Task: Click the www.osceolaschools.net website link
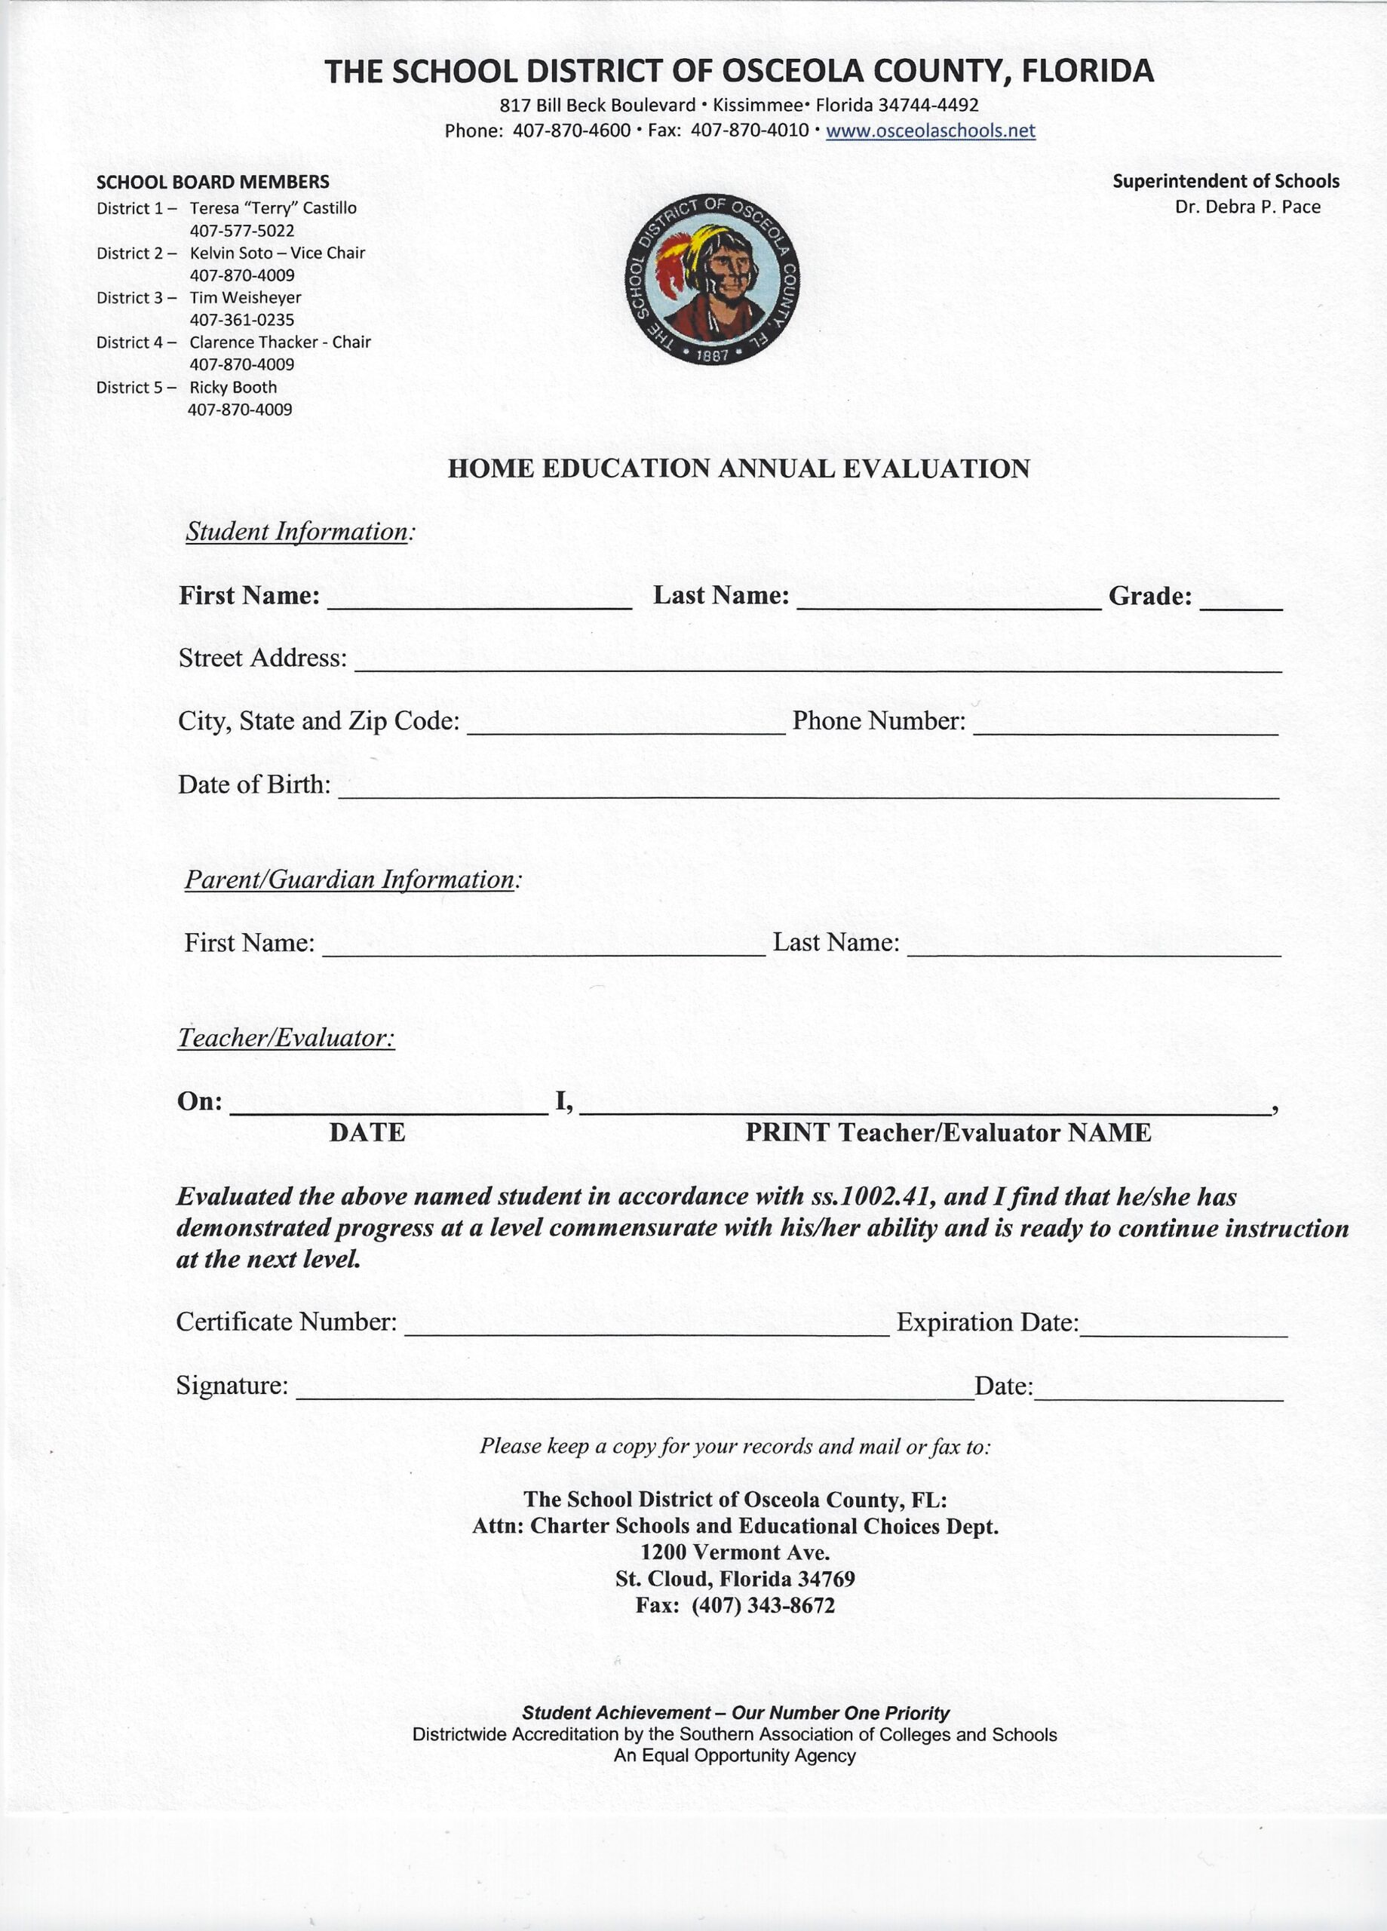(930, 131)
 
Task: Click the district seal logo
(712, 279)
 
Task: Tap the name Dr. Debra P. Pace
(1247, 207)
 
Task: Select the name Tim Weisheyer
(245, 298)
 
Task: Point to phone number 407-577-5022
(242, 231)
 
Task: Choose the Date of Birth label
(253, 784)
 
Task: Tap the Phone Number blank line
(1125, 732)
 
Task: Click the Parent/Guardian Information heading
(350, 880)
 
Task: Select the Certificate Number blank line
(646, 1334)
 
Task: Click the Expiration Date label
(988, 1322)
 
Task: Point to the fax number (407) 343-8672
(763, 1606)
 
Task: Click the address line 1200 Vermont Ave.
(735, 1552)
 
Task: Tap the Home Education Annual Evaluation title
(738, 469)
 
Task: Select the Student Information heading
(297, 532)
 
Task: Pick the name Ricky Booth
(233, 388)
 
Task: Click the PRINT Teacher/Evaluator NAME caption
(947, 1133)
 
